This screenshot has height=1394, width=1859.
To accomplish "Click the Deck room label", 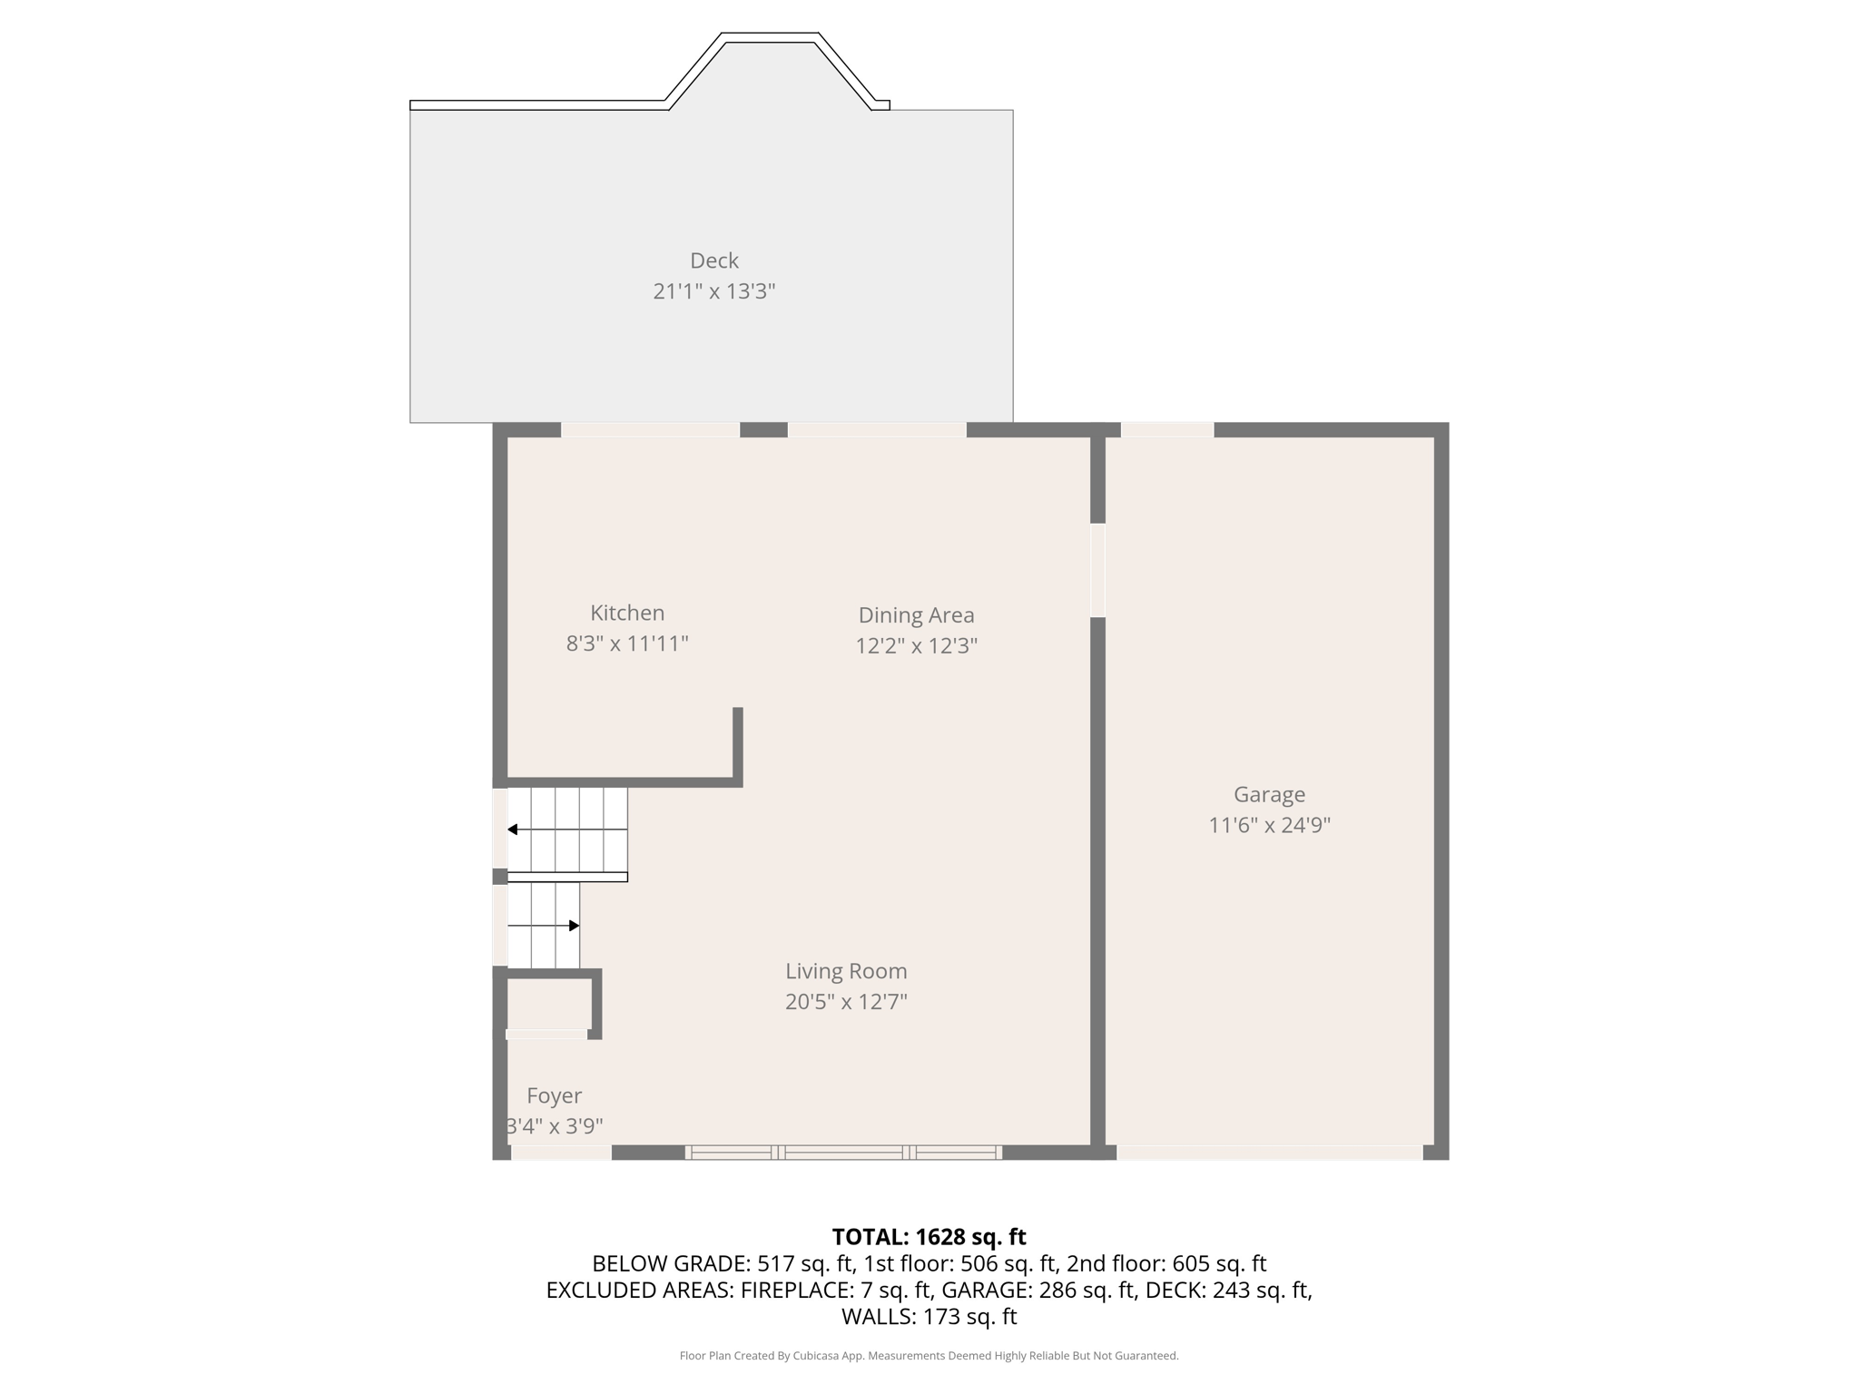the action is point(714,260).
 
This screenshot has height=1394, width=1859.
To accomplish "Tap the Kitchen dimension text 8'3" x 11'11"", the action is point(627,643).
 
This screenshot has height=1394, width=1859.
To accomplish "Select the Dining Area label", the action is point(917,615).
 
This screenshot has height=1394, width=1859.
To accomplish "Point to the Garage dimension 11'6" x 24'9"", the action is point(1269,825).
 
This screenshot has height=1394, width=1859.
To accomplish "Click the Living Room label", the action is point(846,971).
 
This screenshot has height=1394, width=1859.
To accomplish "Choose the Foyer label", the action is point(554,1096).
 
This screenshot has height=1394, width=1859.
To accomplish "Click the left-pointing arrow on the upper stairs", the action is point(567,830).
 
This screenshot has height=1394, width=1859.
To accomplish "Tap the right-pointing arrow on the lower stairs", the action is point(544,926).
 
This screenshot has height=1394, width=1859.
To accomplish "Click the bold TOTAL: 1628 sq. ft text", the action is point(929,1237).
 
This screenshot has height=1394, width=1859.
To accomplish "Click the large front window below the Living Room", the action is point(843,1153).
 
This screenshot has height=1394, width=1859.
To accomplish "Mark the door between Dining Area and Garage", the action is point(1097,570).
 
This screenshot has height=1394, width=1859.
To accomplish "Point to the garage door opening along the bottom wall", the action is point(1269,1153).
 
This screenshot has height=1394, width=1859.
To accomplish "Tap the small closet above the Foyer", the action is point(548,1003).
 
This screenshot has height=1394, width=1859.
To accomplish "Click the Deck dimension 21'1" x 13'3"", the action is point(714,291).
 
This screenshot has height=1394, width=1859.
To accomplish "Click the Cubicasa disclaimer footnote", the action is point(929,1356).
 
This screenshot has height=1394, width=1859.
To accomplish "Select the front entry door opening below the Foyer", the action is point(561,1153).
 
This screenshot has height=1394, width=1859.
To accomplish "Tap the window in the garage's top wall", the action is point(1167,430).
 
